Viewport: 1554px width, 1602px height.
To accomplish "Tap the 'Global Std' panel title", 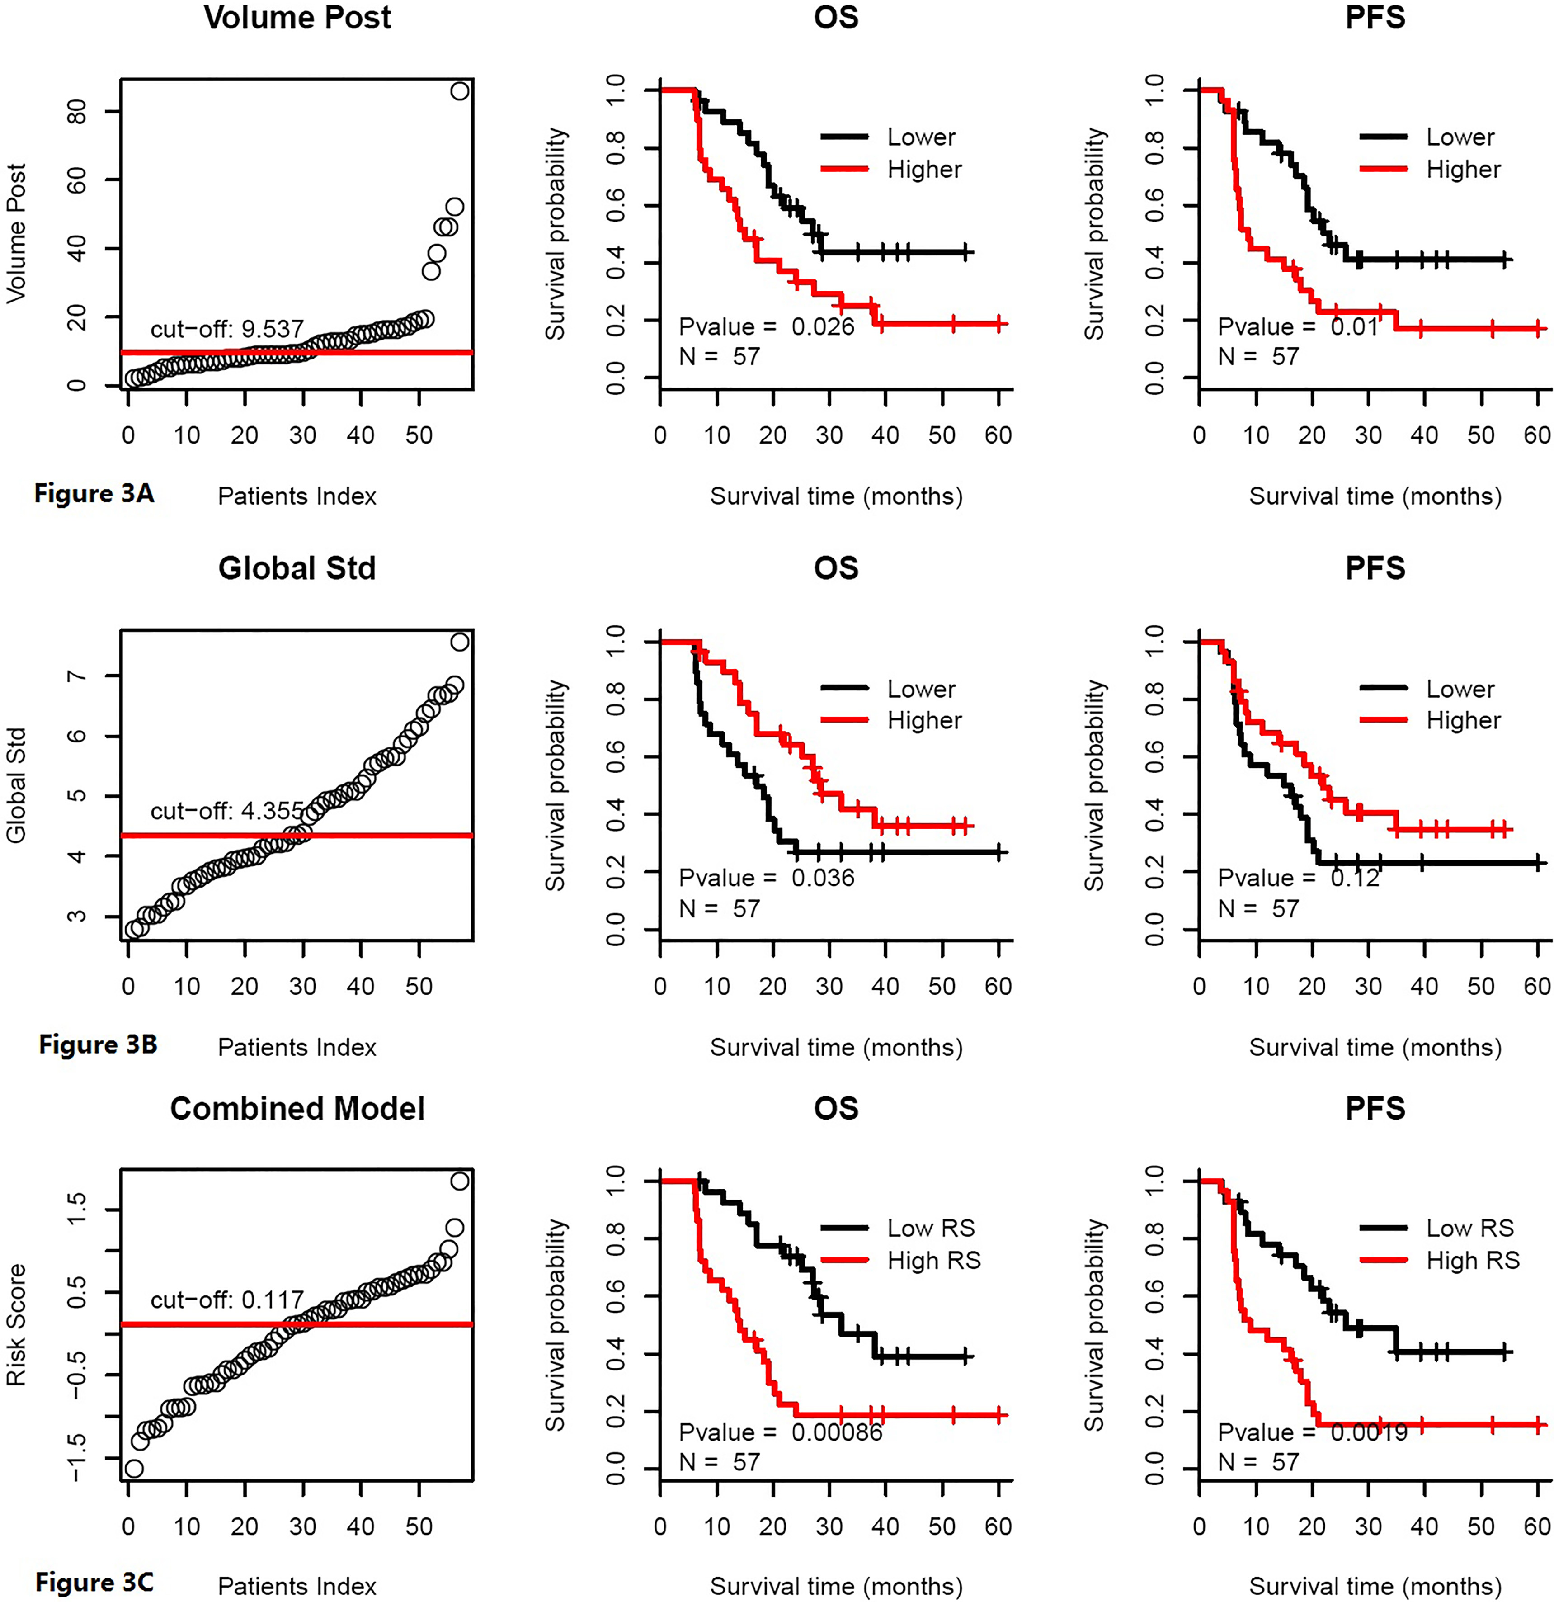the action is [x=297, y=568].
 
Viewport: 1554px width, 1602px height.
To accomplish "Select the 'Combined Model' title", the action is [x=297, y=1108].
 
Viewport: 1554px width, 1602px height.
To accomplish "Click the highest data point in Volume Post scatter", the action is [x=460, y=91].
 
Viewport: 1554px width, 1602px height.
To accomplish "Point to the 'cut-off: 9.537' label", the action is [x=227, y=329].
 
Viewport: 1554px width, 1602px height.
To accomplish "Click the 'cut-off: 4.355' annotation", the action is [x=227, y=811].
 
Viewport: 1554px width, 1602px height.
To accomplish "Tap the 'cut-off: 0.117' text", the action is [x=227, y=1300].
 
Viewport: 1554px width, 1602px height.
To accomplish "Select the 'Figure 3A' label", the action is [x=94, y=494].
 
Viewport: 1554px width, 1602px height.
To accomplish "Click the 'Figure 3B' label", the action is [x=98, y=1044].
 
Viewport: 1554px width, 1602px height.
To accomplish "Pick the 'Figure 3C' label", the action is [x=94, y=1583].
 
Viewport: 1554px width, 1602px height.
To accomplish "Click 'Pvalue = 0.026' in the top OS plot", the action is [x=767, y=327].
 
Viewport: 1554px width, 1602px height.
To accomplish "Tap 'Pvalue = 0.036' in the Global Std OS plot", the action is [x=767, y=878].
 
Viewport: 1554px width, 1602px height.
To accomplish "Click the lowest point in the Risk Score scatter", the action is [x=134, y=1468].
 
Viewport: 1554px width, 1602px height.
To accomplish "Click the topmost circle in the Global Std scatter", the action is [x=460, y=642].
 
